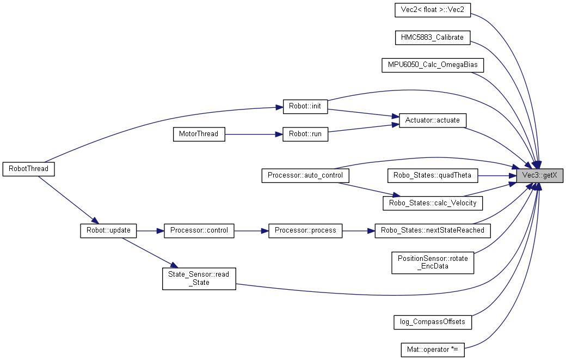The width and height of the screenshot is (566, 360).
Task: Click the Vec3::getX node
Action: (x=539, y=175)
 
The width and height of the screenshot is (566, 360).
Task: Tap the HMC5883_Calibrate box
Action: (x=432, y=37)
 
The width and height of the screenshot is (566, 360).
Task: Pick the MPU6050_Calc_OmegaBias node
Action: (x=432, y=65)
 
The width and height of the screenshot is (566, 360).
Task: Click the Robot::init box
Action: (x=305, y=106)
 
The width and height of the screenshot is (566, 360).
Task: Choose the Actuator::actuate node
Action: (x=432, y=120)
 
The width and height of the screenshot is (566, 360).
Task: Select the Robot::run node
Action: (x=305, y=134)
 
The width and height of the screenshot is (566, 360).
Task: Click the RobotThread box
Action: (x=28, y=168)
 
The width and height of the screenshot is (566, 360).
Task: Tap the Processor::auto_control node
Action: (x=305, y=175)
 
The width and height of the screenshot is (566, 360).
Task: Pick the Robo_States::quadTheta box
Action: (x=432, y=175)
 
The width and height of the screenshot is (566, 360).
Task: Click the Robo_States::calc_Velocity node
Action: (x=432, y=203)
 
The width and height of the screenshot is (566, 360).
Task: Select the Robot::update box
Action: (x=108, y=230)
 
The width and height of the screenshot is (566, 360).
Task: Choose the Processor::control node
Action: (x=199, y=230)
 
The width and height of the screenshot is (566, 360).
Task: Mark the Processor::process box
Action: (x=305, y=230)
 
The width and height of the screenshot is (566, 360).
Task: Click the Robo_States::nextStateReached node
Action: (x=432, y=230)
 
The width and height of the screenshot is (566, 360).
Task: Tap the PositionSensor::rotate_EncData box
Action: (x=432, y=263)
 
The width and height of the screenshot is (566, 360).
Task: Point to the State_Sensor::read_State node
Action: (x=199, y=278)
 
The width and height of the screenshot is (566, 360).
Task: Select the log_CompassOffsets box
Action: (x=432, y=321)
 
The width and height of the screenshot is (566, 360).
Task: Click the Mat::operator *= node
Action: (x=432, y=349)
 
